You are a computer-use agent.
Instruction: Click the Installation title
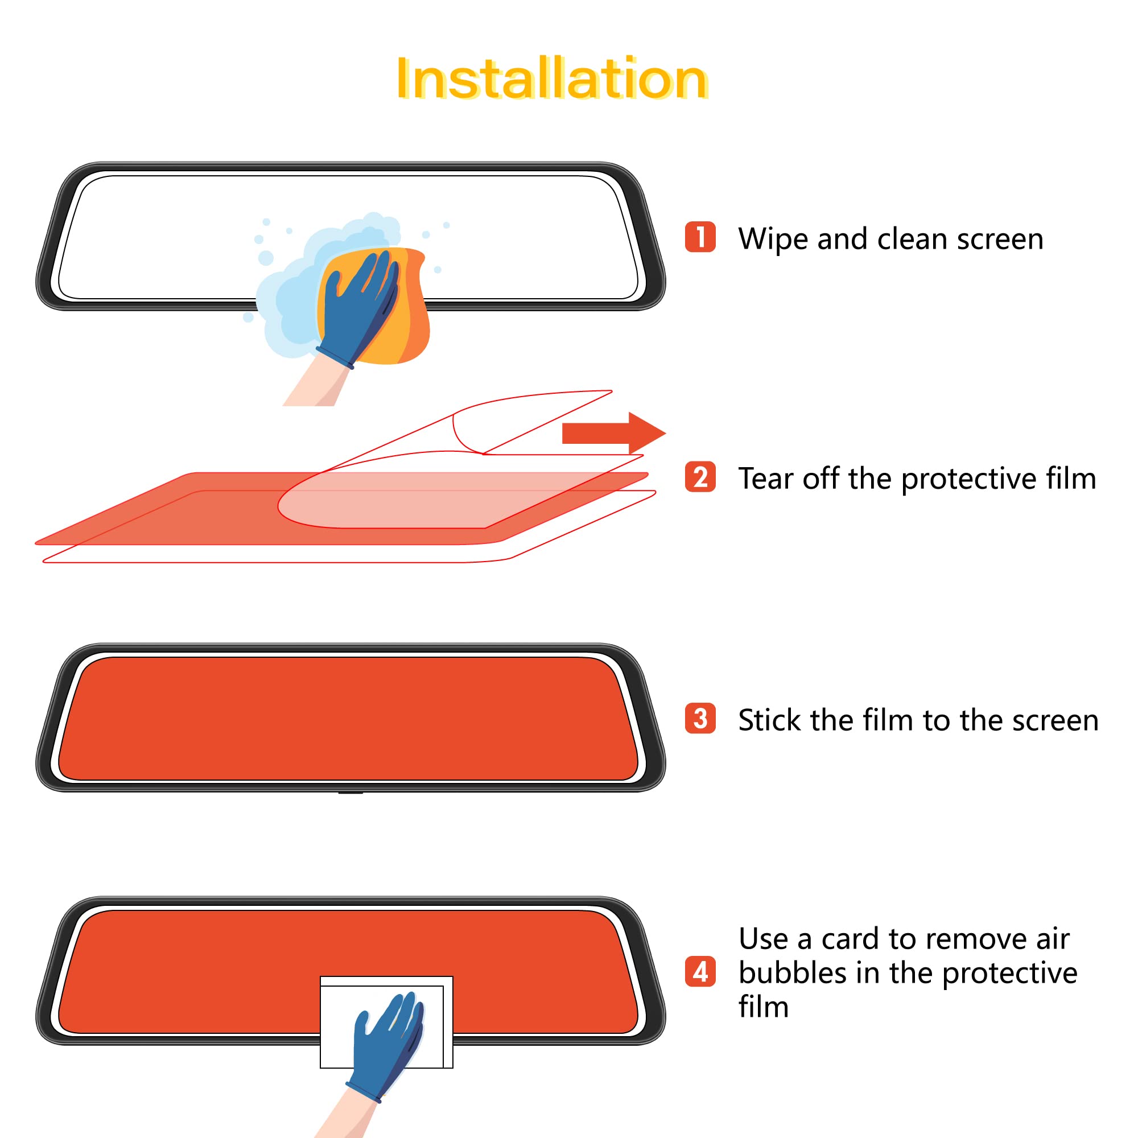pyautogui.click(x=551, y=79)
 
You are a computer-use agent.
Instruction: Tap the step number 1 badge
pyautogui.click(x=700, y=237)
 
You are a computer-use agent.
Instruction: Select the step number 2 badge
pyautogui.click(x=700, y=477)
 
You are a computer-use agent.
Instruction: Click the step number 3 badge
pyautogui.click(x=700, y=719)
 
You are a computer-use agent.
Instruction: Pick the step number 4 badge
pyautogui.click(x=700, y=971)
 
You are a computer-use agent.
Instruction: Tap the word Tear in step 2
pyautogui.click(x=766, y=479)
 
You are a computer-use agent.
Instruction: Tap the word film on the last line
pyautogui.click(x=764, y=1007)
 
